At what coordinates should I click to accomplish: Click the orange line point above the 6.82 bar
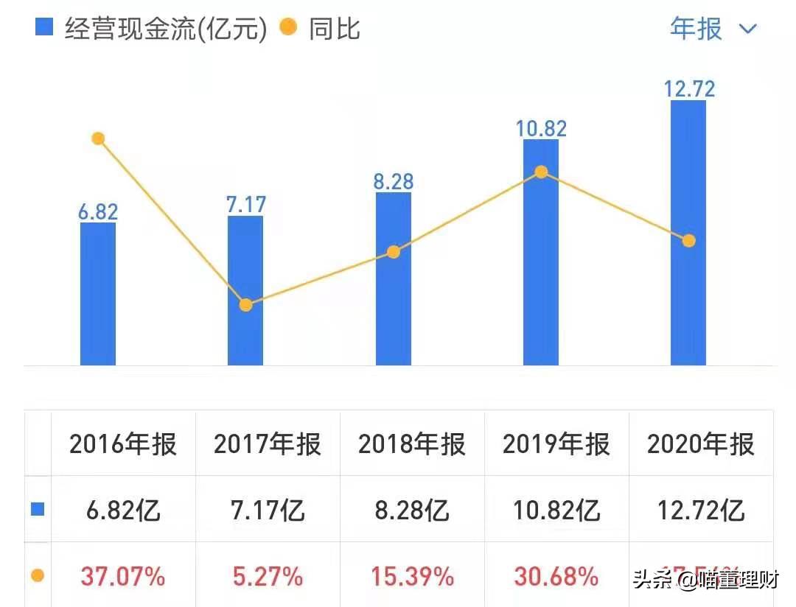click(x=98, y=138)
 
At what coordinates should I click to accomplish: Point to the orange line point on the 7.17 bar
click(x=246, y=305)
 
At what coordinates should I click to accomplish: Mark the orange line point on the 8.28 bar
click(x=394, y=252)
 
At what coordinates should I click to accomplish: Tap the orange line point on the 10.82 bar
click(x=541, y=172)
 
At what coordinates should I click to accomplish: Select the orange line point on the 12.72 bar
click(x=689, y=241)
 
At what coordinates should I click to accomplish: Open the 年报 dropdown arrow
click(x=748, y=29)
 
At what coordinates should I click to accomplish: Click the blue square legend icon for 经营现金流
click(x=45, y=28)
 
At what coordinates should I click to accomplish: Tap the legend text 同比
click(x=335, y=29)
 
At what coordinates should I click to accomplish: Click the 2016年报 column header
click(x=123, y=444)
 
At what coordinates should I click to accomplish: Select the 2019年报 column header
click(x=556, y=444)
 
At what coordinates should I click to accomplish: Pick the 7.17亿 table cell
click(x=268, y=510)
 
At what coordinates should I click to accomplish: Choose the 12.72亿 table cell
click(x=701, y=510)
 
